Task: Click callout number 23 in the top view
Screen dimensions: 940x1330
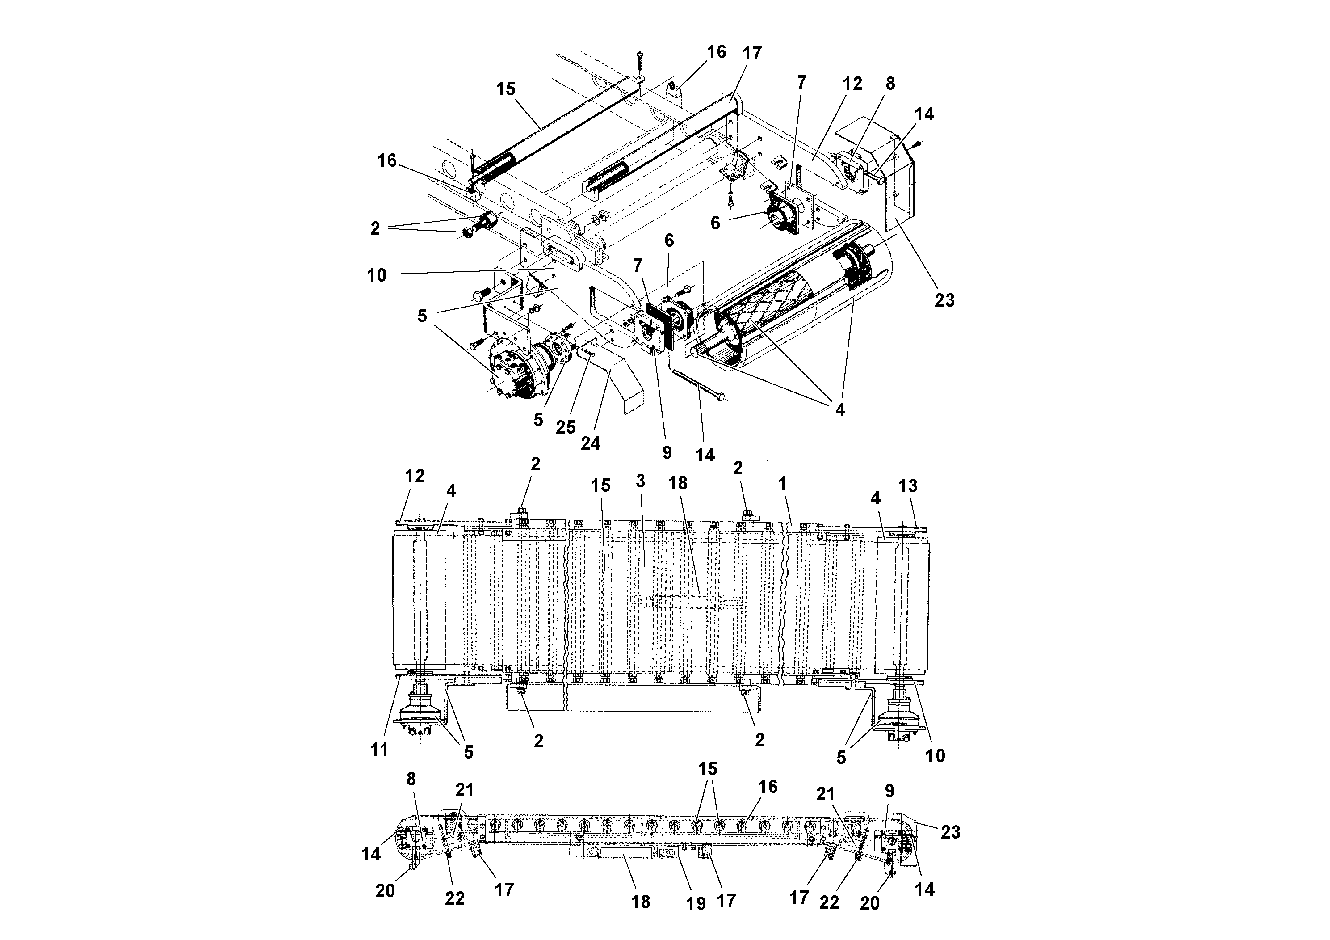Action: click(x=944, y=300)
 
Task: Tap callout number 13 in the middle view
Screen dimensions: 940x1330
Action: click(x=908, y=486)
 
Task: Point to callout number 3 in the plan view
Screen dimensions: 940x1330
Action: click(x=640, y=481)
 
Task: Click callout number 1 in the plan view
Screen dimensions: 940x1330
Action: click(x=783, y=483)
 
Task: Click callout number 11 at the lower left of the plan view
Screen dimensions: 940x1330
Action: click(x=379, y=750)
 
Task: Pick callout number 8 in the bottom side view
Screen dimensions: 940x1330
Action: click(x=411, y=779)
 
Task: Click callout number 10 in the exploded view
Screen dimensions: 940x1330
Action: click(x=377, y=275)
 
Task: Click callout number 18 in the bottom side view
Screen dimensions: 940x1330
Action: click(x=641, y=902)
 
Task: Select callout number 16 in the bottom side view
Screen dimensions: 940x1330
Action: click(x=768, y=786)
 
